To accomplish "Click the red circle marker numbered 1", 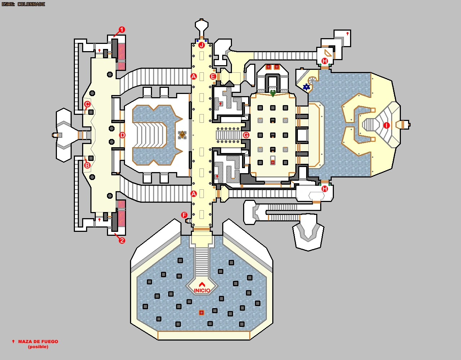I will (122, 30).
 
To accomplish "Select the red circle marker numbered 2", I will (122, 240).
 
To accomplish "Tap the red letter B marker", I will (87, 166).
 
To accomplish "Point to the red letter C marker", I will (87, 104).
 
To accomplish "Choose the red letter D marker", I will (122, 135).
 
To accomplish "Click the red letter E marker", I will (213, 77).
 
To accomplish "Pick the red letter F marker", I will (184, 215).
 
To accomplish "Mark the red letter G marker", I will (246, 135).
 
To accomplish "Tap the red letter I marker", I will (386, 126).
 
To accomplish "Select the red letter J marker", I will (201, 45).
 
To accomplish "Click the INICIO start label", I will (202, 291).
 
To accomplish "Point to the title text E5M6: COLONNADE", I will (23, 4).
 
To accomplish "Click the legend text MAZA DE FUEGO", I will (38, 342).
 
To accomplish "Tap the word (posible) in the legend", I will (38, 347).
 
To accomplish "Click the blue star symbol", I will (306, 87).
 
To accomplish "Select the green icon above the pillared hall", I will (273, 93).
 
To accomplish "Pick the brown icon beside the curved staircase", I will (182, 135).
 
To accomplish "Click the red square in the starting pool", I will (201, 313).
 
